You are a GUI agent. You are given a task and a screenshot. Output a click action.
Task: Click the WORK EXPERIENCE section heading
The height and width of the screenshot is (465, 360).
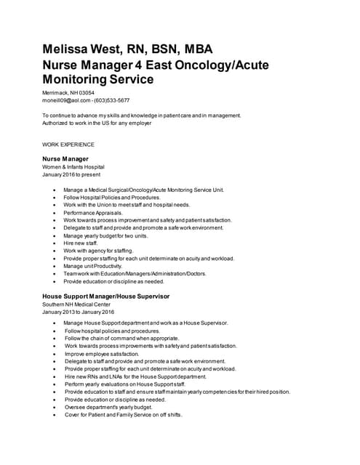68,144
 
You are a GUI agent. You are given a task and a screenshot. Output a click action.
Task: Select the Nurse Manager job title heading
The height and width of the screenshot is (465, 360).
65,158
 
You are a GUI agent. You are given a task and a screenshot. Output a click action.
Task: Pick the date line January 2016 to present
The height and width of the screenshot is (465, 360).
72,174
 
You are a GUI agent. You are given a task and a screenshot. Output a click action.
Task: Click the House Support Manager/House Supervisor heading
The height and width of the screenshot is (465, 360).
105,296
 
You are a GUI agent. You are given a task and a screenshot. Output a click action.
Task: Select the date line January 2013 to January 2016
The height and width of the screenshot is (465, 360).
79,312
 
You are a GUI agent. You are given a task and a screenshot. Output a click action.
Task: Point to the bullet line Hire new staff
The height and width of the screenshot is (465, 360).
85,243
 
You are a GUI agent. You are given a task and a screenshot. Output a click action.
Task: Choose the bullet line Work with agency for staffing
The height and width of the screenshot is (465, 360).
98,251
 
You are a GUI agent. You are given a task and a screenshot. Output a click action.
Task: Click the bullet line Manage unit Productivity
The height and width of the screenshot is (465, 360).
92,266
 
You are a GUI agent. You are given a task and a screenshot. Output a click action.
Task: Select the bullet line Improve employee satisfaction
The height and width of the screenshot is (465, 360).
101,354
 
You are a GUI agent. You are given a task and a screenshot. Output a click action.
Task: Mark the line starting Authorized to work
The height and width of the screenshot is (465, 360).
97,123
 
